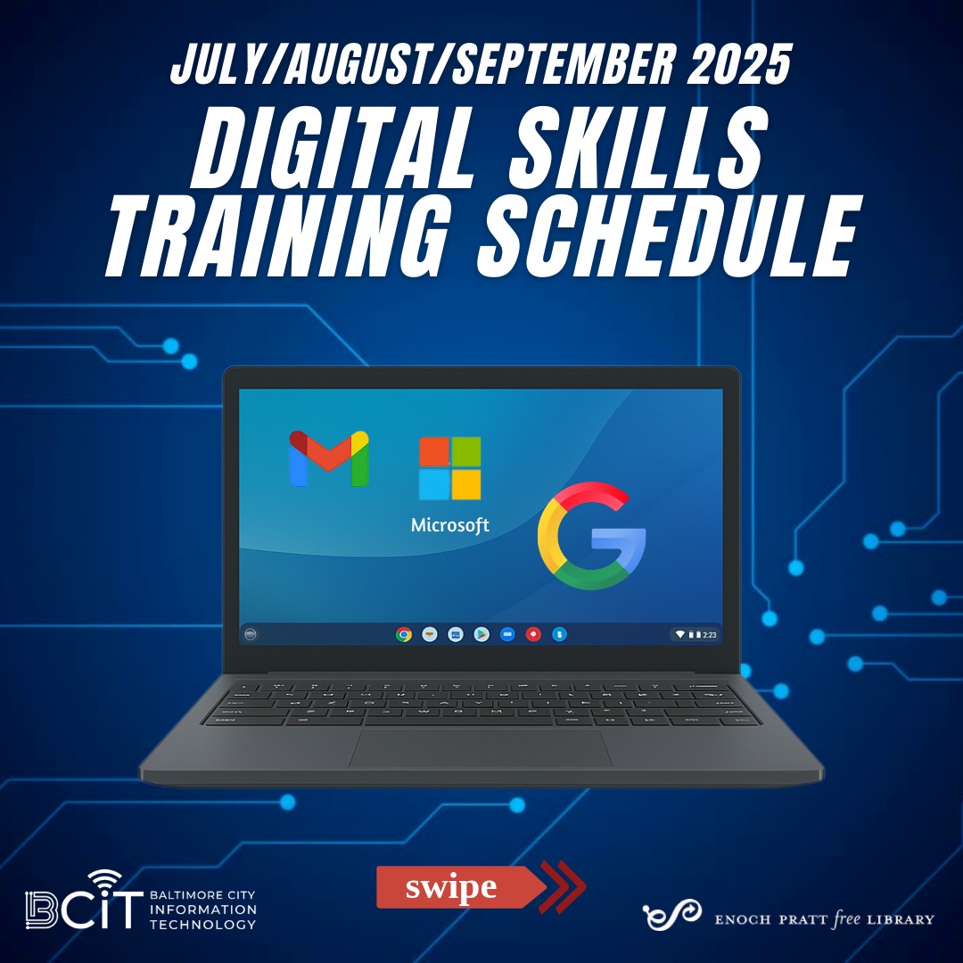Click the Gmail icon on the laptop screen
[329, 458]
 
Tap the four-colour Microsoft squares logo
[450, 468]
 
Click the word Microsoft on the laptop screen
[450, 525]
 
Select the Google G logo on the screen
[591, 539]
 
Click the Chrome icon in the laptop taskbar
[404, 635]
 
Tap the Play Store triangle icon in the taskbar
[481, 635]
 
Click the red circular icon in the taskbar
[533, 635]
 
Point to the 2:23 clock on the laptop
[709, 635]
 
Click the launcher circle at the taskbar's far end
[251, 635]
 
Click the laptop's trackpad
[481, 747]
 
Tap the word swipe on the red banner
[451, 888]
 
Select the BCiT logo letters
[84, 905]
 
